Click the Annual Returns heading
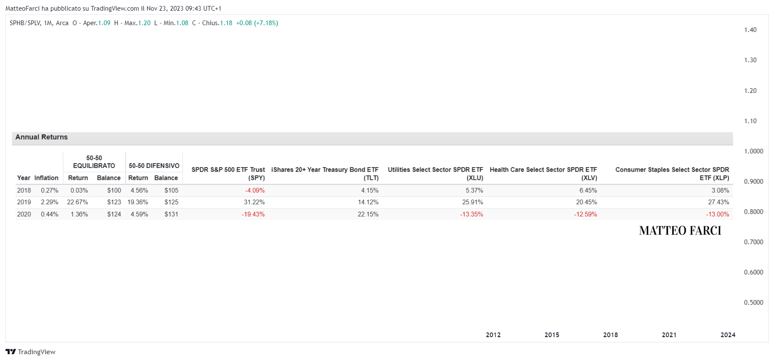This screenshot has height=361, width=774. coord(41,137)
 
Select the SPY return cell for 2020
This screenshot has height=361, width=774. coord(253,214)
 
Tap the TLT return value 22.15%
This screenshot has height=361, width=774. coord(368,214)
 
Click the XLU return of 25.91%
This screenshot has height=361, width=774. coord(473,202)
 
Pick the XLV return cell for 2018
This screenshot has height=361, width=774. coord(588,191)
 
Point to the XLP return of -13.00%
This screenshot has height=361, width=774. coord(718,214)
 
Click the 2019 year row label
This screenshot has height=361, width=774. coord(24,202)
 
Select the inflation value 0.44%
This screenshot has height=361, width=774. coord(49,214)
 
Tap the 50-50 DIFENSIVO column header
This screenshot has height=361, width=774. coord(154,166)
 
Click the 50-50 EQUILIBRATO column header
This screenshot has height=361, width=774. coord(94,162)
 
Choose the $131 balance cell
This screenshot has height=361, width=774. coord(171,214)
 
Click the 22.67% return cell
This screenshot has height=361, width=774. coord(77,202)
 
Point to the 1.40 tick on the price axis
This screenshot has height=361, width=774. coord(750,30)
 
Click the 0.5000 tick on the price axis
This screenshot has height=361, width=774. coord(754,303)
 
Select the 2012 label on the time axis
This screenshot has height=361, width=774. coord(493,335)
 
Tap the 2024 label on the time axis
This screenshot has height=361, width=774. coord(728,335)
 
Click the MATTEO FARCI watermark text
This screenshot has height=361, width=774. coord(680,231)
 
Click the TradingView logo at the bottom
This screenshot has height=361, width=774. coord(30,352)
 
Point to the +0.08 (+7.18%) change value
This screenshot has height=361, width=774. coord(257,23)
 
